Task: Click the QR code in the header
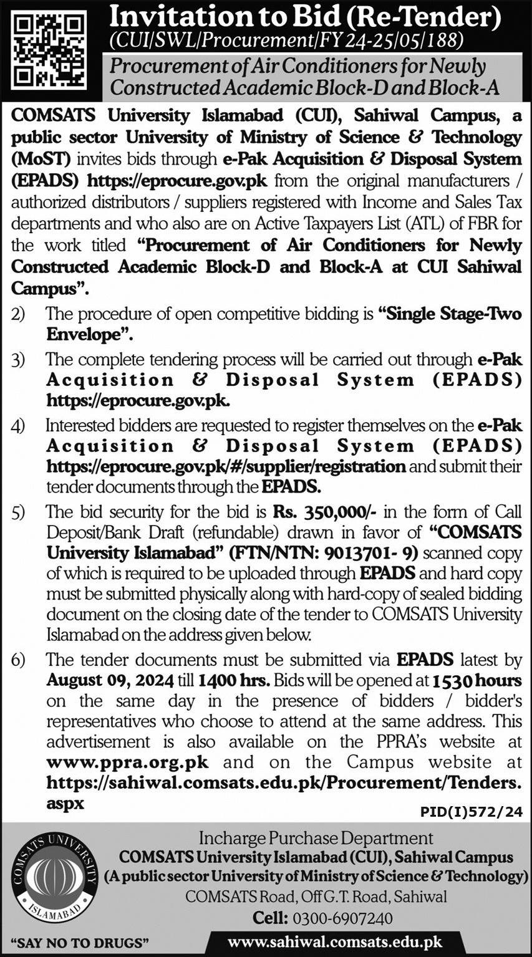coord(49,50)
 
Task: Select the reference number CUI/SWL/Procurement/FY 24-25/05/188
coord(286,41)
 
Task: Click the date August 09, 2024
coord(109,680)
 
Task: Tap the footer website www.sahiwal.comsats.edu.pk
coord(335,943)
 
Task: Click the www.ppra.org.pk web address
coord(127,762)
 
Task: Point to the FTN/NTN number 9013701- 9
coord(381,553)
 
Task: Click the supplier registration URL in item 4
coord(226,466)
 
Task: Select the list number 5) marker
coord(18,512)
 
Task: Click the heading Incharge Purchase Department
coord(316,839)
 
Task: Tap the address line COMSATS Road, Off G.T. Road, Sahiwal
coord(316,897)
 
